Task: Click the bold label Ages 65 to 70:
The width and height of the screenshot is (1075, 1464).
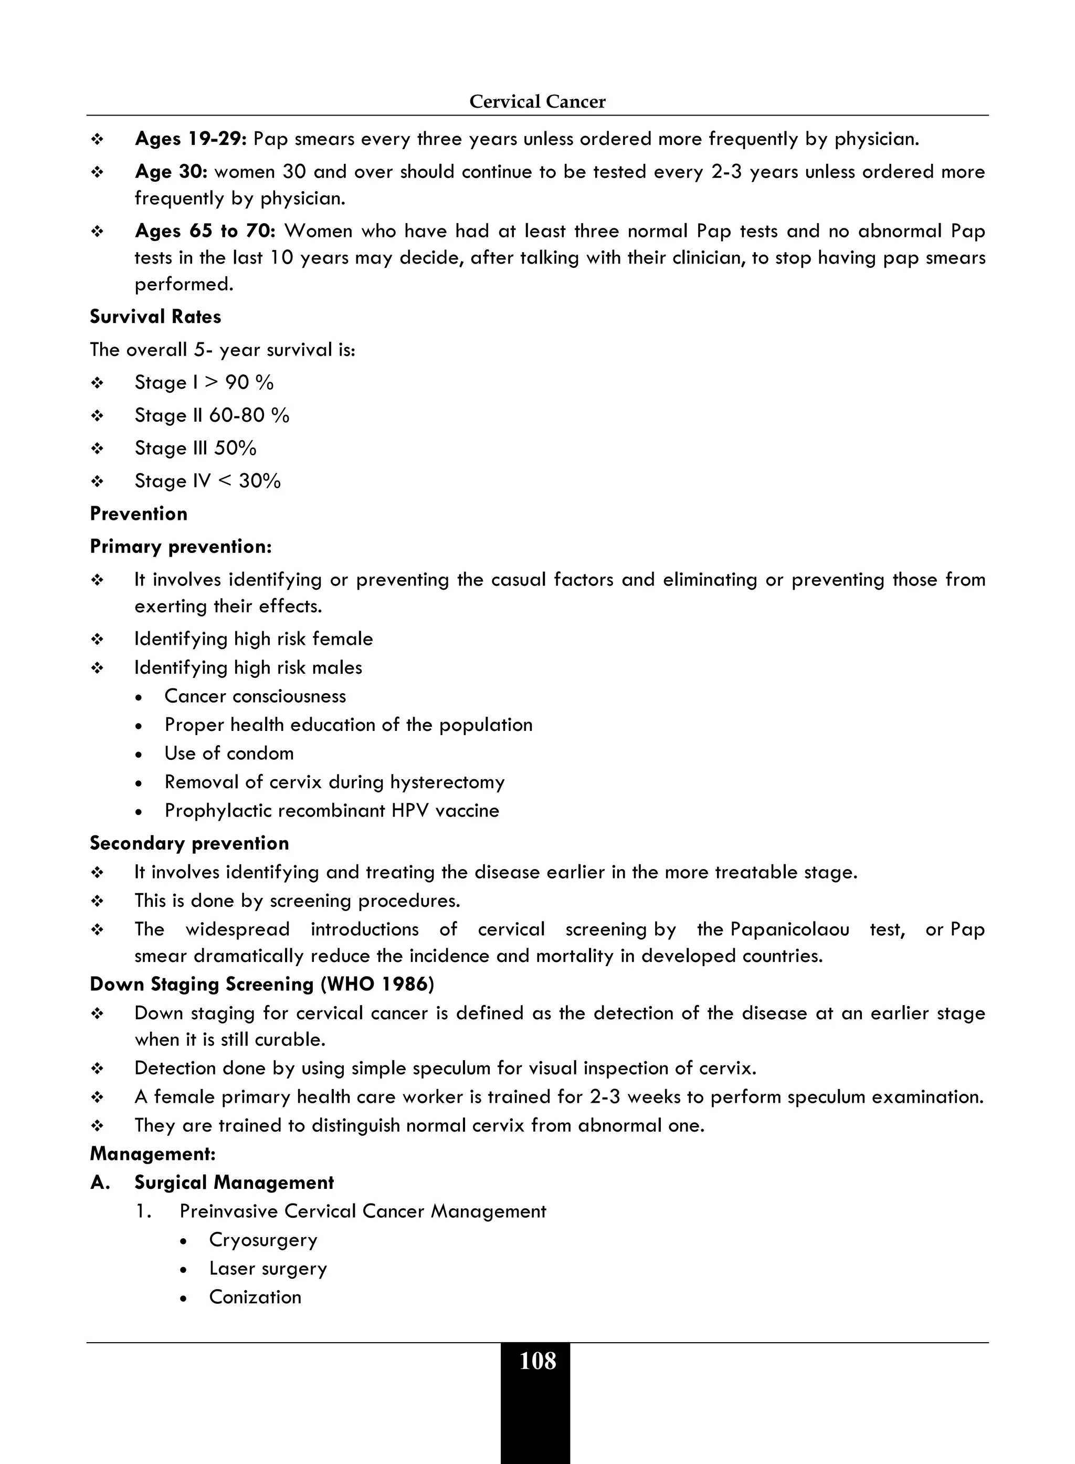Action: point(206,231)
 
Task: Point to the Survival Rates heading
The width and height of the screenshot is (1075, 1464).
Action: point(155,317)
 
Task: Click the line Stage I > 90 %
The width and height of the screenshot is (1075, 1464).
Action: point(204,383)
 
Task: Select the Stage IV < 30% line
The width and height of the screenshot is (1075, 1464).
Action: point(207,481)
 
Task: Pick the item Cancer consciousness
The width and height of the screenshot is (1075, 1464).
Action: point(255,696)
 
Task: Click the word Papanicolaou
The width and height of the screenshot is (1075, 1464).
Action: point(789,929)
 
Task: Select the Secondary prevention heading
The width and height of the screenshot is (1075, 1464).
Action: point(189,844)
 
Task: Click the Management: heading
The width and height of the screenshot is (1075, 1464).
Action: point(153,1154)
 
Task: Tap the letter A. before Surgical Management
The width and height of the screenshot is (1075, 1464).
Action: point(100,1183)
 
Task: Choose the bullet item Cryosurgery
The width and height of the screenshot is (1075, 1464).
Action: point(263,1240)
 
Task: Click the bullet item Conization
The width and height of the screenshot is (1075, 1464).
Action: point(255,1298)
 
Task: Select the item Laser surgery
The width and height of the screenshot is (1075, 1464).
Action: point(268,1269)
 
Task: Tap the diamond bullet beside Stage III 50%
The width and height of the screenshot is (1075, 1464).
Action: point(98,449)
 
